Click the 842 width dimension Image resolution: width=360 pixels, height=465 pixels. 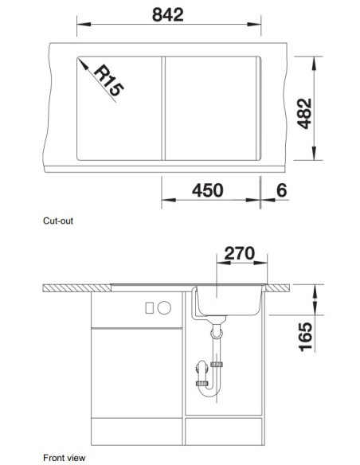click(168, 15)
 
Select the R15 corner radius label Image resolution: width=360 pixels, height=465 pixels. click(108, 80)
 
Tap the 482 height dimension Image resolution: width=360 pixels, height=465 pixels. click(304, 114)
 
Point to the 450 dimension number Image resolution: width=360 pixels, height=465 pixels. click(207, 190)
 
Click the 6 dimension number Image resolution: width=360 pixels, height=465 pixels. click(281, 190)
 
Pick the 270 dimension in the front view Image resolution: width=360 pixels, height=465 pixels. click(239, 253)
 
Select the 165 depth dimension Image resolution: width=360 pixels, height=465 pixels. click(305, 337)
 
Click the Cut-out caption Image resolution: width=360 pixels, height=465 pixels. click(58, 221)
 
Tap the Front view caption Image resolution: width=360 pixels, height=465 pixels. click(64, 458)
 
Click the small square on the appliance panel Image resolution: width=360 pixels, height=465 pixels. click(149, 308)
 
